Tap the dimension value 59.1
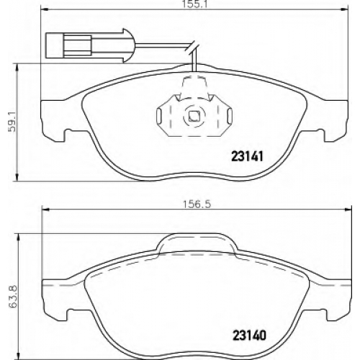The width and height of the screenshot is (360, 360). click(x=12, y=122)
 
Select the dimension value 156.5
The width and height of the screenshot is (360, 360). click(x=197, y=204)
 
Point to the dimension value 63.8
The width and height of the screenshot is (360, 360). click(x=12, y=296)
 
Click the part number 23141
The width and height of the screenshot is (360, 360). click(x=247, y=156)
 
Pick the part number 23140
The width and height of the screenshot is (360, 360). click(x=249, y=335)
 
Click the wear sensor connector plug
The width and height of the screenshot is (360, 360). click(x=85, y=46)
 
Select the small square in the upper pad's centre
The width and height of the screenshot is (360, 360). click(x=194, y=117)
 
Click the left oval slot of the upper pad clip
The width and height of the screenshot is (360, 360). click(x=158, y=117)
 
